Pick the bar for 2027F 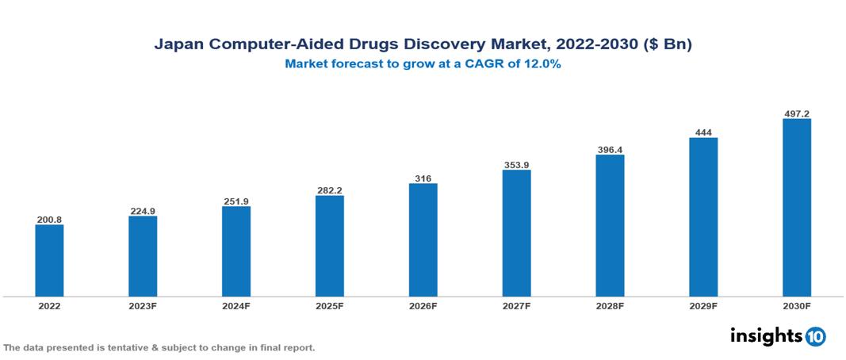[516, 233]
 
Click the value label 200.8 [49, 218]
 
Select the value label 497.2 [797, 113]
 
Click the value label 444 [703, 131]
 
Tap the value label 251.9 [236, 201]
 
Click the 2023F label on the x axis [143, 305]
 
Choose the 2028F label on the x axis [610, 305]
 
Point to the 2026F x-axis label [423, 305]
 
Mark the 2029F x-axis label [703, 305]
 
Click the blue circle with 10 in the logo [815, 336]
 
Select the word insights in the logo [766, 335]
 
